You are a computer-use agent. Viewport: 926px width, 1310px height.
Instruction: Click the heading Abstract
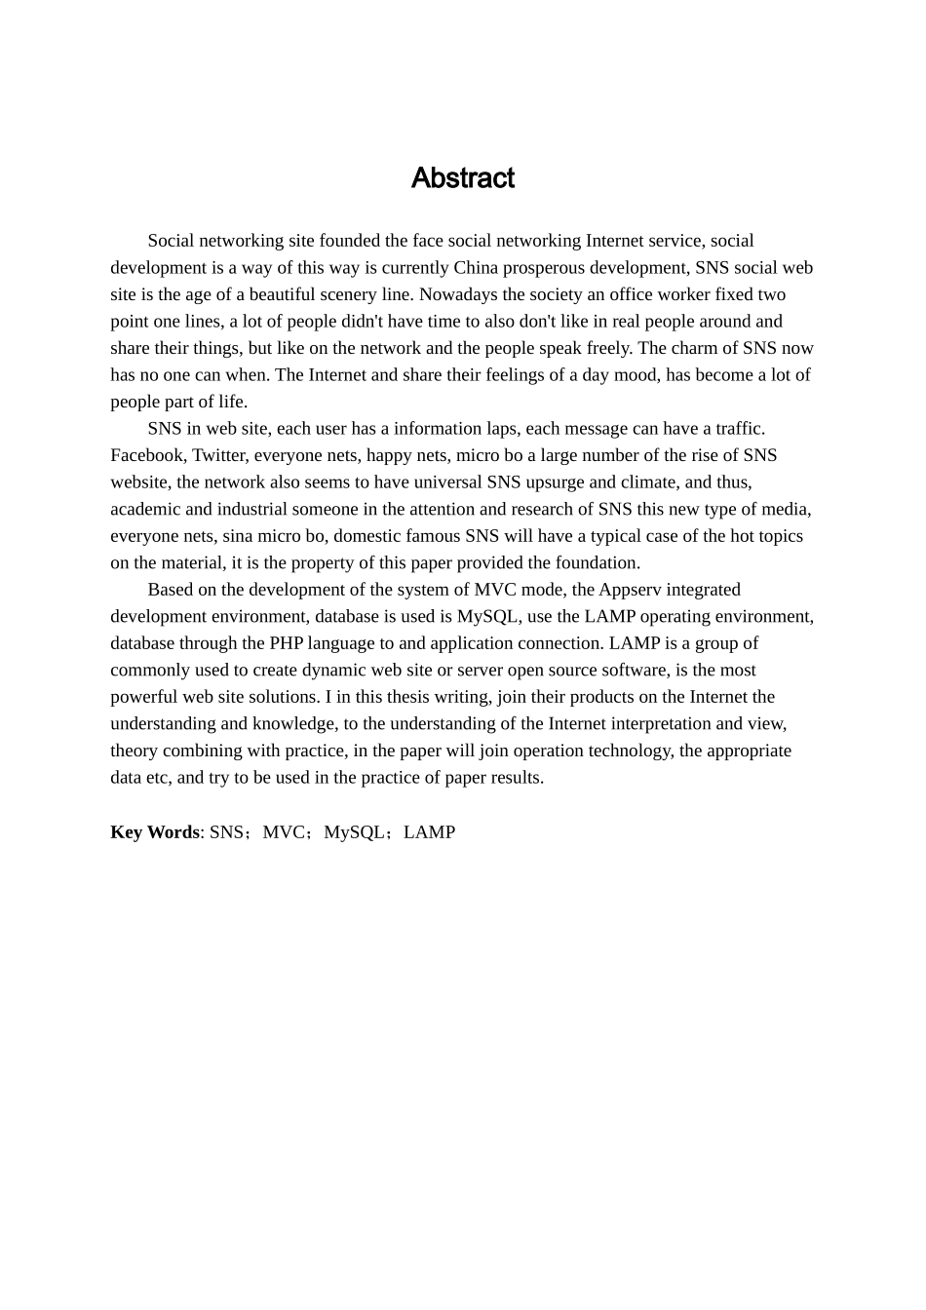pyautogui.click(x=462, y=178)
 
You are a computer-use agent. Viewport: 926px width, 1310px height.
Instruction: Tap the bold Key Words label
pyautogui.click(x=154, y=832)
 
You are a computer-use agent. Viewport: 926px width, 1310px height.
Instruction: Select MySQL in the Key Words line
pyautogui.click(x=354, y=832)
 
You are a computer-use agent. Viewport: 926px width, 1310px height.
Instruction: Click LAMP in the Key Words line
pyautogui.click(x=429, y=832)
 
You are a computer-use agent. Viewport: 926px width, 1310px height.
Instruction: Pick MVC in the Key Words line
pyautogui.click(x=284, y=832)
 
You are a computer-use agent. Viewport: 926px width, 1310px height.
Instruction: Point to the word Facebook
pyautogui.click(x=146, y=455)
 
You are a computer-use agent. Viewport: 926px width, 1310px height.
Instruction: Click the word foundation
pyautogui.click(x=598, y=562)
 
